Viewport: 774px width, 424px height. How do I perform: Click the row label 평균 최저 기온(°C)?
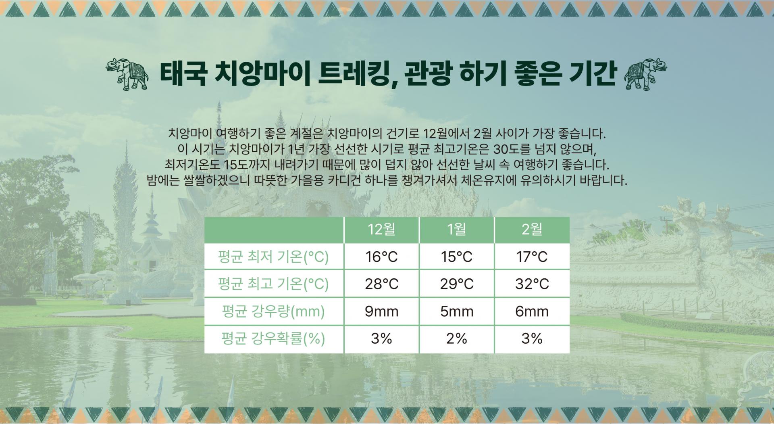[273, 257]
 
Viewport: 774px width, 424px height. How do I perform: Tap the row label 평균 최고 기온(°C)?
[273, 284]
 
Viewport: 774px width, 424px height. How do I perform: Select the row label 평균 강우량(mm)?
[273, 311]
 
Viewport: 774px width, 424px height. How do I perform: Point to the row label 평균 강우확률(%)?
[273, 339]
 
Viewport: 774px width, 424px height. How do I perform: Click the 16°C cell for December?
[381, 257]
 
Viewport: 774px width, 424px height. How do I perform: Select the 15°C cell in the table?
[457, 257]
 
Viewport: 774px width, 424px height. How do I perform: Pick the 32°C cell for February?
[532, 284]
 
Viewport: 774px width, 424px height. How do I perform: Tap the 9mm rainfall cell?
[381, 311]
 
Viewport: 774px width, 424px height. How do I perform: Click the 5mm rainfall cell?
[457, 311]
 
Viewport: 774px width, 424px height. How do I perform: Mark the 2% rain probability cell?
[457, 339]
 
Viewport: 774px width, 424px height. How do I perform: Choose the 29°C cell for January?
[457, 284]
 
